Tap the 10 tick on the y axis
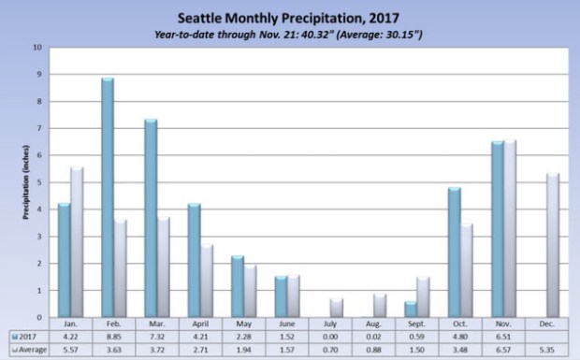(36, 47)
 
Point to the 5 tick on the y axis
(37, 182)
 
